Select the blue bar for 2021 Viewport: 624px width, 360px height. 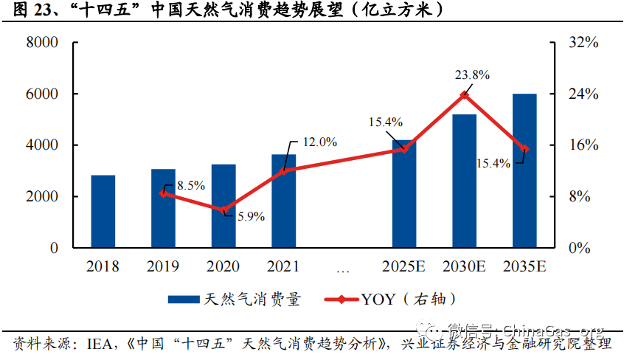(x=283, y=201)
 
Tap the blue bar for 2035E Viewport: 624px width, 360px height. (x=524, y=170)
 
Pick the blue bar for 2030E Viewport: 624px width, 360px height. (x=464, y=181)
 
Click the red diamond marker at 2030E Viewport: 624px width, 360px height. (x=464, y=95)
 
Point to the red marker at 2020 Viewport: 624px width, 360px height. (x=223, y=210)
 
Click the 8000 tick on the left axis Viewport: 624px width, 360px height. (x=42, y=44)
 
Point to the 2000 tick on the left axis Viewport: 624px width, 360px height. (x=42, y=197)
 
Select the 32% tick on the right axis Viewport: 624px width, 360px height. (x=583, y=44)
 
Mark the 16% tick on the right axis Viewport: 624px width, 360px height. (x=583, y=145)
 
